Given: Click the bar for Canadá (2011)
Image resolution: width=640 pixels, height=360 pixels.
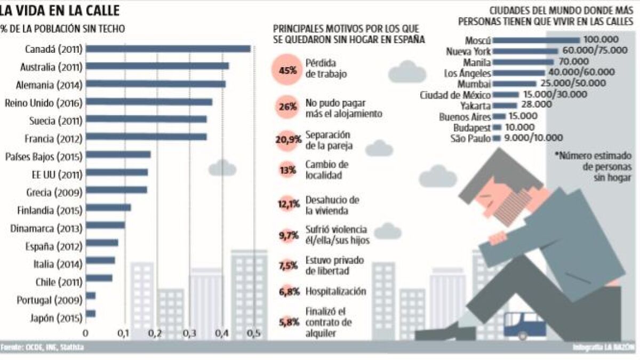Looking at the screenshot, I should pos(168,49).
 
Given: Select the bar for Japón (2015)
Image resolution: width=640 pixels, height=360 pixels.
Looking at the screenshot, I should pos(91,314).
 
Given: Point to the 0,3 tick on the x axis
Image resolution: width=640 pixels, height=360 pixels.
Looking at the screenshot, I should pos(188,334).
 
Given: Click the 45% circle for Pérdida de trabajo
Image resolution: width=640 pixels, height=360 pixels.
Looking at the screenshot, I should pos(287,70).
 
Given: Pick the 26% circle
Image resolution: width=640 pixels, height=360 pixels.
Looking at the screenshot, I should pos(287,106).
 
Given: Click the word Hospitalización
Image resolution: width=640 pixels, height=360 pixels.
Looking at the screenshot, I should pos(335,291).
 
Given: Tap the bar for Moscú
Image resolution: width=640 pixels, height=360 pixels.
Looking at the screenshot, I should pos(536,40).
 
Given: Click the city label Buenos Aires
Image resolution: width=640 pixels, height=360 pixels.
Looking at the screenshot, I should pos(465,116).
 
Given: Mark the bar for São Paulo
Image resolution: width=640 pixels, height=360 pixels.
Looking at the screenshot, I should pos(497,138).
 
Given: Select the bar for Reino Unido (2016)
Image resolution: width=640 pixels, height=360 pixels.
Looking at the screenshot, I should pos(149,102).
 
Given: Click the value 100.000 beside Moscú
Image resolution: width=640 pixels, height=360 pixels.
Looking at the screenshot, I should pos(601,40).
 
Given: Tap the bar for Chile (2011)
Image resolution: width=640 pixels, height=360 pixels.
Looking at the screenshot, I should pos(99,278).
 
